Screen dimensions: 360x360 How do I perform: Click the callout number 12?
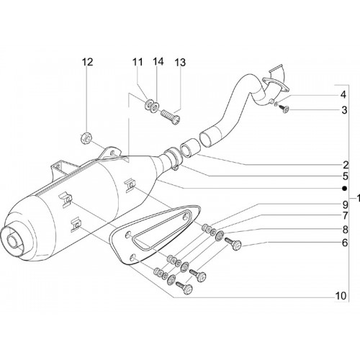87,62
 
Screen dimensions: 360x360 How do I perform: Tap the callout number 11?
138,62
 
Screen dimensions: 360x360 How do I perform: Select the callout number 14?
158,62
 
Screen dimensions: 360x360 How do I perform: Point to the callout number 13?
180,63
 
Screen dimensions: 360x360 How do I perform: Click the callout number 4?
343,94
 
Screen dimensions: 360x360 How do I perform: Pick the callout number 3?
344,110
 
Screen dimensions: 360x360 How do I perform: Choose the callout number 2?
345,165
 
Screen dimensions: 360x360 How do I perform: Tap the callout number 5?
345,176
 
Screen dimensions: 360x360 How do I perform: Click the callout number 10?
341,296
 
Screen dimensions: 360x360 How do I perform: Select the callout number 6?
345,243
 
